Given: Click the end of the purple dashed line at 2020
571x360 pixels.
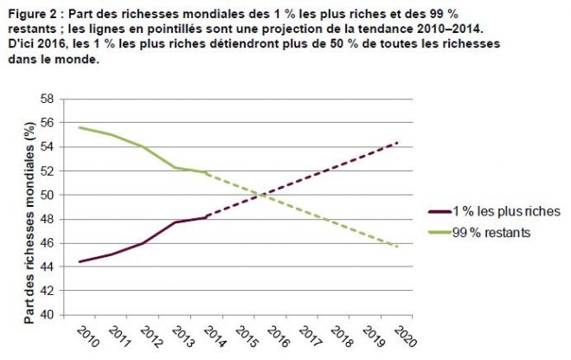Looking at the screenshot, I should tap(397, 143).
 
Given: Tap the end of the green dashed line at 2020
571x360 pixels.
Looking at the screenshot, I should tap(397, 247).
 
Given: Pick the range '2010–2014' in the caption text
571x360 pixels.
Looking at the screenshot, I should tap(439, 28).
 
